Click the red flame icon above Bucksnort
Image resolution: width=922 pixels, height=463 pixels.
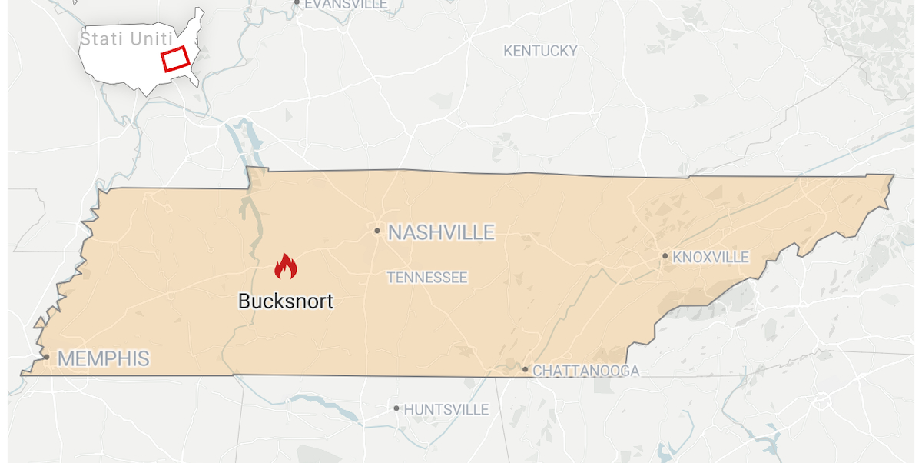pos(286,266)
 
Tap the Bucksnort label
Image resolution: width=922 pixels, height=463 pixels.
pos(286,301)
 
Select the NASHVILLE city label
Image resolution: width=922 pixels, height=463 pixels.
pos(441,232)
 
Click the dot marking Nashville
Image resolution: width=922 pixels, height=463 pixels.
pos(377,231)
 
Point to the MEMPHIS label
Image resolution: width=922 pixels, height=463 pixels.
pos(103,358)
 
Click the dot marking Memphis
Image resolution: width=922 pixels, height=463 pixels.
pos(46,357)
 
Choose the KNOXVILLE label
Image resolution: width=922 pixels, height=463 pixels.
pos(710,257)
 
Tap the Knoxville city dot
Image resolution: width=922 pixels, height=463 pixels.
pos(665,256)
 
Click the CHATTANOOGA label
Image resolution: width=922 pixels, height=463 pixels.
pos(585,371)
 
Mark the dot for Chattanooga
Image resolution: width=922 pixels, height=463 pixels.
pos(526,370)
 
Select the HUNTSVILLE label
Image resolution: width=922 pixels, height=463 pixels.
pos(446,409)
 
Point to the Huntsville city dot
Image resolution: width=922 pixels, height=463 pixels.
pos(396,408)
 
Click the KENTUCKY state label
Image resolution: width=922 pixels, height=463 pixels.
pos(540,51)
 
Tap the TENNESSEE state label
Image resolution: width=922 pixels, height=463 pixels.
pos(427,278)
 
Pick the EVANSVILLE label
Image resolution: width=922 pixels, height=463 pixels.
pos(346,4)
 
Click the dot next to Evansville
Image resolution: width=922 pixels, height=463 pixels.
pos(297,2)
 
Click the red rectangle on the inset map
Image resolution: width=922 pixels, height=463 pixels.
pos(175,58)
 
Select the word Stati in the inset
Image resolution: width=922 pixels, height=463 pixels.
pos(100,37)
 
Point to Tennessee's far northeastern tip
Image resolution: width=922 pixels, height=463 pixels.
pos(893,176)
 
